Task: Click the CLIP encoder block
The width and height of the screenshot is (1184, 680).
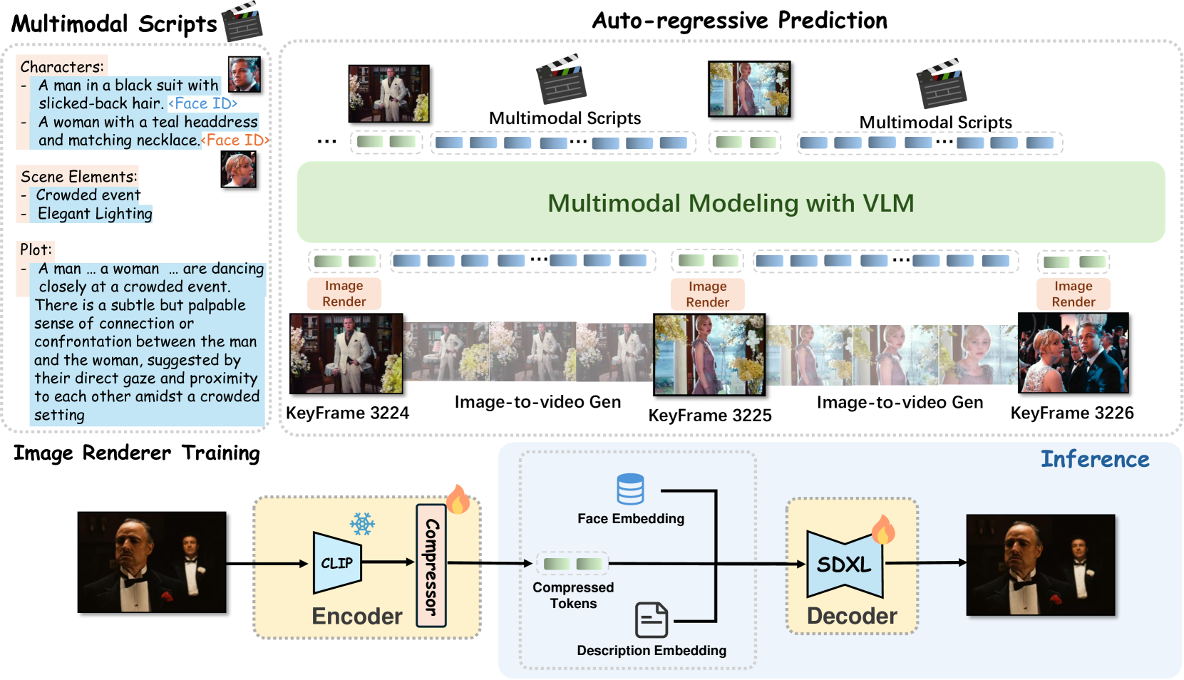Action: [x=337, y=563]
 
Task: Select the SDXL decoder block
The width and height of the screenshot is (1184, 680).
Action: [x=845, y=565]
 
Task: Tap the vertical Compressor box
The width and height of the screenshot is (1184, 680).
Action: [x=431, y=566]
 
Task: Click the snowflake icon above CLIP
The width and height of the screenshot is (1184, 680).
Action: [x=362, y=524]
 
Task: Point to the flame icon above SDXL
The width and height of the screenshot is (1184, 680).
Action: [x=883, y=530]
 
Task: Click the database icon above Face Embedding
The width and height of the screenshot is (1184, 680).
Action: [x=630, y=489]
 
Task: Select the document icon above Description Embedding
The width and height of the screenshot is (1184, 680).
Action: [x=652, y=619]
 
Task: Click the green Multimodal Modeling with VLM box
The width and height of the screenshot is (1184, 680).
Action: [x=731, y=203]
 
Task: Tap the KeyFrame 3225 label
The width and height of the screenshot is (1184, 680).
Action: [x=710, y=416]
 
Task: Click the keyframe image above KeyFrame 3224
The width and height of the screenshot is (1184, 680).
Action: [x=346, y=354]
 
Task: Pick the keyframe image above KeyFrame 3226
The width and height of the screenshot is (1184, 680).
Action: [x=1074, y=353]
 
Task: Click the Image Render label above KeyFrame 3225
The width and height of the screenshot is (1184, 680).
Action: [x=707, y=294]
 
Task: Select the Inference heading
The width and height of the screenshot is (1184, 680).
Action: [x=1095, y=459]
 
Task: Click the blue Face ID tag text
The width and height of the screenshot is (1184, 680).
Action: [x=203, y=103]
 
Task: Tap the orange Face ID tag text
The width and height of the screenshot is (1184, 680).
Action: [x=235, y=140]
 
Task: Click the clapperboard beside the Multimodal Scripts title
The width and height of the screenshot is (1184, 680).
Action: [x=242, y=22]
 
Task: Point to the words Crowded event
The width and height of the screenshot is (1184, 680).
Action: [x=88, y=195]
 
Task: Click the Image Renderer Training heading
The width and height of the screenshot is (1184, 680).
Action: [x=137, y=453]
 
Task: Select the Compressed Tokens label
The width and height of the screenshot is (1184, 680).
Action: [x=573, y=595]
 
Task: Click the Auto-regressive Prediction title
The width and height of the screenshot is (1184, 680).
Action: [x=740, y=21]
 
